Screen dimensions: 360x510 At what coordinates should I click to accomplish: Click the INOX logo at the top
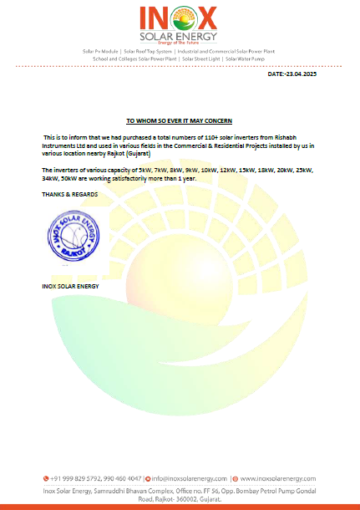[180, 18]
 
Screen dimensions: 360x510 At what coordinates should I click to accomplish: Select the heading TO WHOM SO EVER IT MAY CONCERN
[180, 120]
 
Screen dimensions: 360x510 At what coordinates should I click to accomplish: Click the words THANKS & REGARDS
[70, 193]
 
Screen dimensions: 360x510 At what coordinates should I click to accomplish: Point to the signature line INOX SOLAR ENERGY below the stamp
[70, 286]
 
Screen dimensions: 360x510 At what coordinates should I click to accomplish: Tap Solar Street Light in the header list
[202, 59]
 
